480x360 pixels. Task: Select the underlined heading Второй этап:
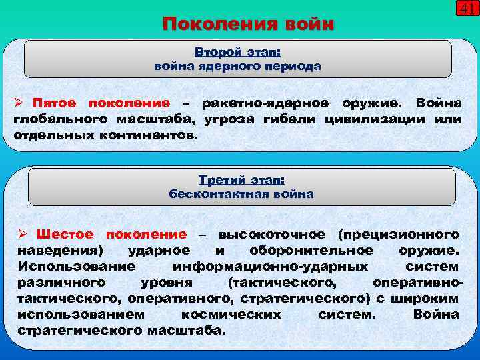coord(237,52)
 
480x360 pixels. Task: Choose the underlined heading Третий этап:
coord(241,180)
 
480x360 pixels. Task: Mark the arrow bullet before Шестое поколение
coord(21,235)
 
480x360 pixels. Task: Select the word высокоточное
coord(272,235)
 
